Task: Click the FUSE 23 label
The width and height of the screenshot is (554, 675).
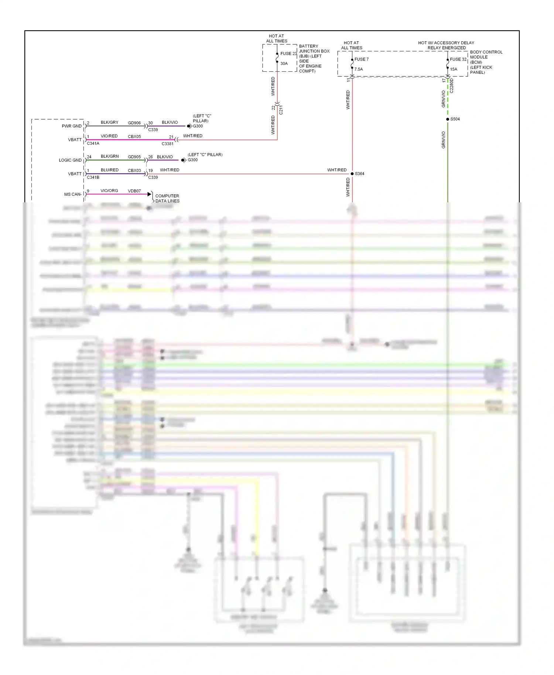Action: pyautogui.click(x=288, y=54)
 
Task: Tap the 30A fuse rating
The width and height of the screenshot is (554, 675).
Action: pyautogui.click(x=284, y=64)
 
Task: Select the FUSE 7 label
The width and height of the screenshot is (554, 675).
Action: pyautogui.click(x=361, y=59)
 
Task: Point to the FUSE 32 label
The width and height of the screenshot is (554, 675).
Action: pyautogui.click(x=458, y=59)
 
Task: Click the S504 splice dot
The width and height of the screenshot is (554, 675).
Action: pyautogui.click(x=448, y=119)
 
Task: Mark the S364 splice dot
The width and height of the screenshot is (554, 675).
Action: pyautogui.click(x=352, y=174)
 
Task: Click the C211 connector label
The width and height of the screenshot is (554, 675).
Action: pyautogui.click(x=281, y=110)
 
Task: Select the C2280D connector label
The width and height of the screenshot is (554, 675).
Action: pyautogui.click(x=452, y=86)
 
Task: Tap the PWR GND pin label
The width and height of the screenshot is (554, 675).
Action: pyautogui.click(x=72, y=126)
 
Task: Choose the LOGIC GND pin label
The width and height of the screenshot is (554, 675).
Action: pyautogui.click(x=70, y=160)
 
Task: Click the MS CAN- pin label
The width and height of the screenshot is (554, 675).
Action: pyautogui.click(x=73, y=194)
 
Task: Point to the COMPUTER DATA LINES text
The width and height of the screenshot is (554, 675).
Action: pyautogui.click(x=167, y=199)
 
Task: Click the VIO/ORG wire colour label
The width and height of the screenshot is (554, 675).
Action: pyautogui.click(x=109, y=191)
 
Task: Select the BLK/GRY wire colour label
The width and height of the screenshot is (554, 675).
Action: pyautogui.click(x=109, y=123)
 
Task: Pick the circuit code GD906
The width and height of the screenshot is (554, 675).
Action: pyautogui.click(x=134, y=123)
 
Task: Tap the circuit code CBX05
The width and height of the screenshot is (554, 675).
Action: pyautogui.click(x=134, y=137)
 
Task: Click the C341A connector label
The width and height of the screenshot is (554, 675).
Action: pyautogui.click(x=93, y=144)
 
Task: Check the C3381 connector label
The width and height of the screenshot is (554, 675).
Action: pyautogui.click(x=167, y=144)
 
